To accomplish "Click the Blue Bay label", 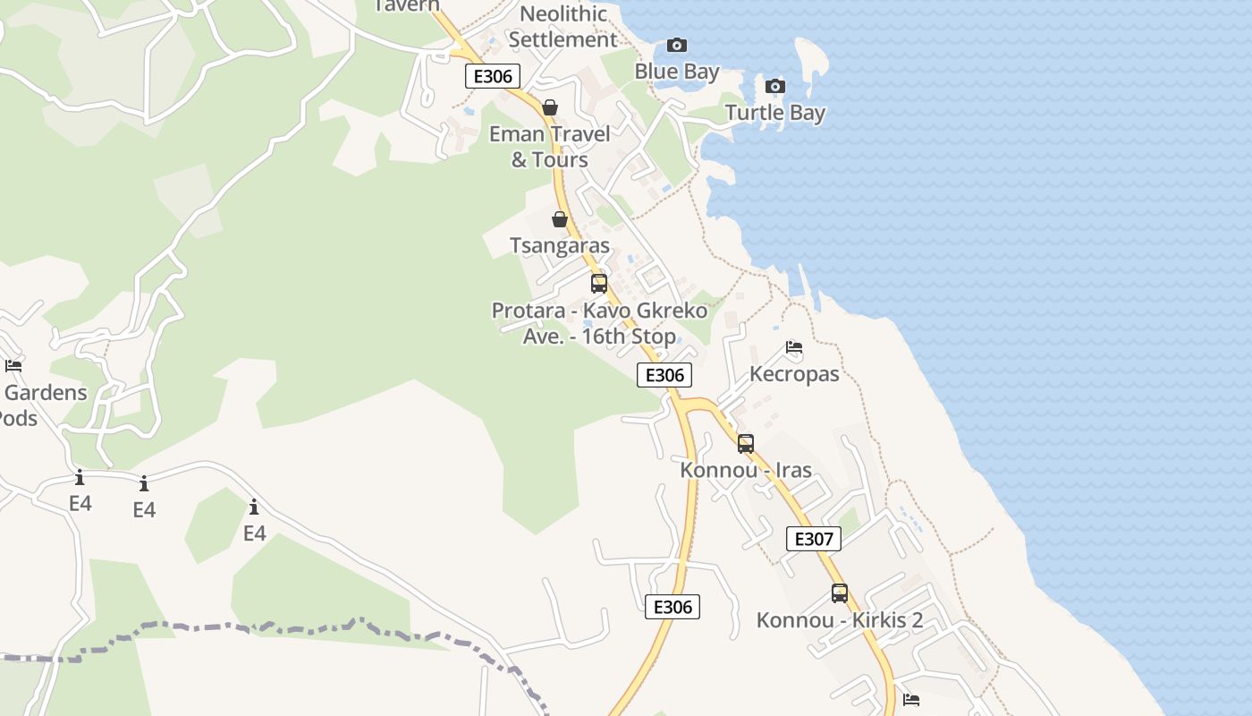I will pyautogui.click(x=677, y=72).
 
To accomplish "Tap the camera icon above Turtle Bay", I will pyautogui.click(x=775, y=87).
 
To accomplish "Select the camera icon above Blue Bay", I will pyautogui.click(x=677, y=46).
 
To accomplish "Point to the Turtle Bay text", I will pyautogui.click(x=775, y=113).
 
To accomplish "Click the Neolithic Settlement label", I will pyautogui.click(x=563, y=27).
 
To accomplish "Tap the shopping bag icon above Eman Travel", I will pyautogui.click(x=550, y=107).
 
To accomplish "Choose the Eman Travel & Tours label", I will pyautogui.click(x=550, y=147).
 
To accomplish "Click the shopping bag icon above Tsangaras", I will pyautogui.click(x=560, y=219).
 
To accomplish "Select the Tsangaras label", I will pyautogui.click(x=560, y=245).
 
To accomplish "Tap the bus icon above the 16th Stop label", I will pyautogui.click(x=599, y=284).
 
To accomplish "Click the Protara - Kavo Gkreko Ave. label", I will pyautogui.click(x=599, y=323).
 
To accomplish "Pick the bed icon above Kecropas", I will pyautogui.click(x=793, y=347).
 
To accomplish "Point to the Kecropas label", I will pyautogui.click(x=794, y=374).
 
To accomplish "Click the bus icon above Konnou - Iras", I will pyautogui.click(x=746, y=443).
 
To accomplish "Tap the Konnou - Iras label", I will pyautogui.click(x=746, y=470).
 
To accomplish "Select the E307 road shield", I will pyautogui.click(x=814, y=539).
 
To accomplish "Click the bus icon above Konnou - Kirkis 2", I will pyautogui.click(x=840, y=592).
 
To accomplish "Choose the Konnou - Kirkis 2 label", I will pyautogui.click(x=840, y=620).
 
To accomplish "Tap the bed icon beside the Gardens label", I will pyautogui.click(x=13, y=365).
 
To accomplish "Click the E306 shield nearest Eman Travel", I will pyautogui.click(x=493, y=76).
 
